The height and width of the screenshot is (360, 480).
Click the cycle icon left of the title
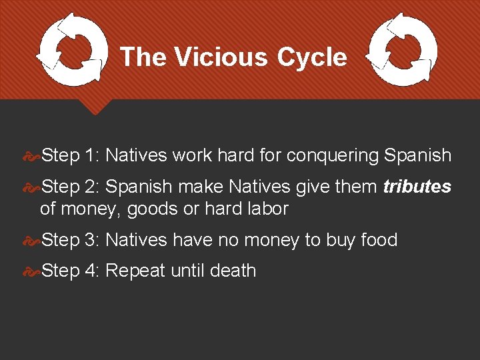[x=71, y=51]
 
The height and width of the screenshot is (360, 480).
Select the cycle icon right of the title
[x=403, y=51]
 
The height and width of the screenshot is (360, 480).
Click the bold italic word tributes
[x=417, y=187]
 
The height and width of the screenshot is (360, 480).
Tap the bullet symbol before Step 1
[x=31, y=156]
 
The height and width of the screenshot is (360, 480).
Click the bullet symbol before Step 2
[x=31, y=187]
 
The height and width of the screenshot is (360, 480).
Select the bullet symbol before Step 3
[x=31, y=240]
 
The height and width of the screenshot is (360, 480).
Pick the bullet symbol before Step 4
[x=31, y=271]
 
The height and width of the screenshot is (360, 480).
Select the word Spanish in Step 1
[x=418, y=156]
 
